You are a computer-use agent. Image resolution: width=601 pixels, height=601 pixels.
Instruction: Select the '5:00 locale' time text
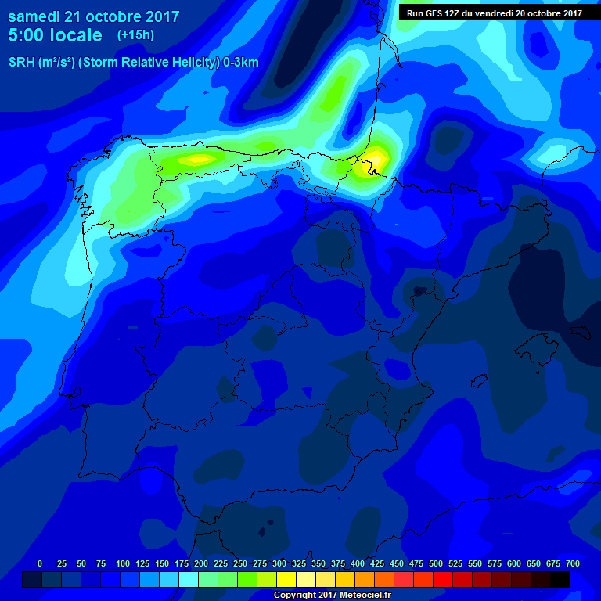coord(55,35)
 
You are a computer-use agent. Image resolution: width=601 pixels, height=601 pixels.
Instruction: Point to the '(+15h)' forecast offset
coord(135,35)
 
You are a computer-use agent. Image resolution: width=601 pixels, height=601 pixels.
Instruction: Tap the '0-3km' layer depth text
coord(240,63)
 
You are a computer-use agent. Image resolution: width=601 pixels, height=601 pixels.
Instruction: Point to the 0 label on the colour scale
coord(40,563)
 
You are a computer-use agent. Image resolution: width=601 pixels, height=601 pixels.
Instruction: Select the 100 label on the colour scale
coord(123,563)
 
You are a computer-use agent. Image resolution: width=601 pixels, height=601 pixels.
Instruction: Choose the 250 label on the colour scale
coord(240,563)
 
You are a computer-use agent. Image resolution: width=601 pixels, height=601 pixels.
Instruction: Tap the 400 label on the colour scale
coord(358,563)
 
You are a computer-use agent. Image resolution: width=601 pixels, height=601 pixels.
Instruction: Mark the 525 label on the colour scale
coord(455,563)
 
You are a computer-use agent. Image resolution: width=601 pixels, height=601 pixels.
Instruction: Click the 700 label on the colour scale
coord(573,563)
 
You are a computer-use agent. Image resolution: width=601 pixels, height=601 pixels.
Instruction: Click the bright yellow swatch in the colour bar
coord(286,579)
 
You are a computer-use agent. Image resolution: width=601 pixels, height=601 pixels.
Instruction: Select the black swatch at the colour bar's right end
coord(560,579)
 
